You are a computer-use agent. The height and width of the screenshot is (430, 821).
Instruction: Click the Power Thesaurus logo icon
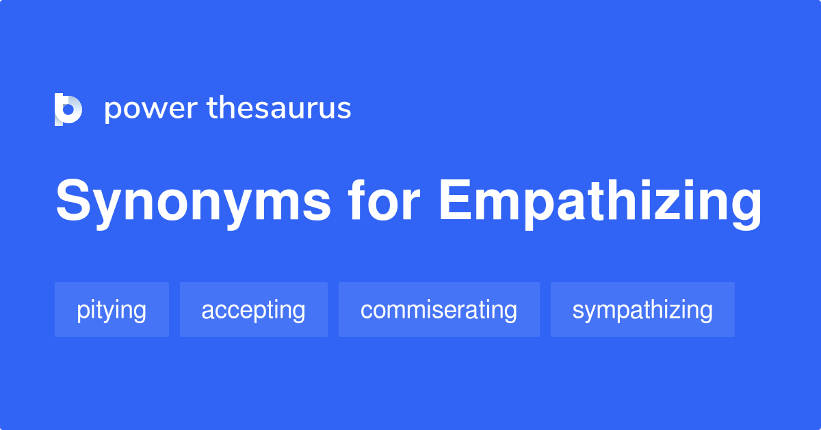68,110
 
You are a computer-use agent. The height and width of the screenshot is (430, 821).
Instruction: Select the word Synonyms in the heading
193,203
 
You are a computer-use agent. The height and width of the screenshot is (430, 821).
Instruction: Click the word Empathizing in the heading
600,204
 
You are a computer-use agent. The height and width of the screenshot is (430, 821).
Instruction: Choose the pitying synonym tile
112,309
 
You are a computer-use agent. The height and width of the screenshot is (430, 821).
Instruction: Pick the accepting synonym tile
254,309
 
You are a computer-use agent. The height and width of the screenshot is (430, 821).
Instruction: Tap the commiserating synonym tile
439,309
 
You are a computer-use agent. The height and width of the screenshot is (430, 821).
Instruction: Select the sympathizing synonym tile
642,309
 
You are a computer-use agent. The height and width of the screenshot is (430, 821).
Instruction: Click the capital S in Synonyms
73,201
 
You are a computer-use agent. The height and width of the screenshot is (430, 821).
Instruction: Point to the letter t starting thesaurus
212,108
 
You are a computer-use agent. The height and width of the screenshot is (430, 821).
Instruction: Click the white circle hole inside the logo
68,110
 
